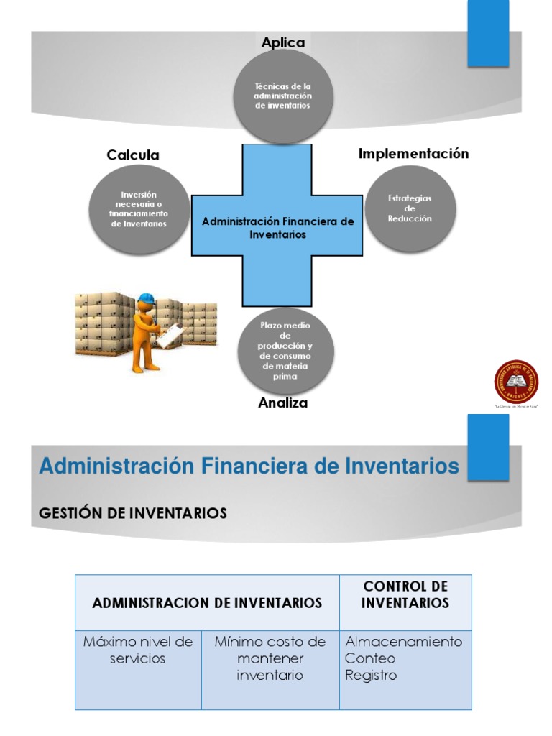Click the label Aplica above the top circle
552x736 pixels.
point(283,43)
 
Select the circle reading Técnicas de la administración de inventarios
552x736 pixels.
point(282,96)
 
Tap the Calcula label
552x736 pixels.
point(133,155)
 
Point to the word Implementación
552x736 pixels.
point(413,154)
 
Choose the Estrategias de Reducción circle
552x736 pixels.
point(410,208)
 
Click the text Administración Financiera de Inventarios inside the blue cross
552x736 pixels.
point(277,228)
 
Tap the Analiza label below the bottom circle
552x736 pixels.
point(282,403)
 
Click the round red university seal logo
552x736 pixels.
point(516,382)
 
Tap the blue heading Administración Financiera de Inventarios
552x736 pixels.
point(249,466)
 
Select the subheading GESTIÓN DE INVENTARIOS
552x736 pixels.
point(132,513)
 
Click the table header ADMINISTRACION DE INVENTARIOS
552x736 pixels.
point(207,603)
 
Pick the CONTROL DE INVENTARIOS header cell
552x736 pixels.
point(405,594)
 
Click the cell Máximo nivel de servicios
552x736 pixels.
point(138,650)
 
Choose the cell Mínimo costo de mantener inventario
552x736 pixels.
point(270,658)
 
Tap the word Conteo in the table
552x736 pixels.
point(370,658)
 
